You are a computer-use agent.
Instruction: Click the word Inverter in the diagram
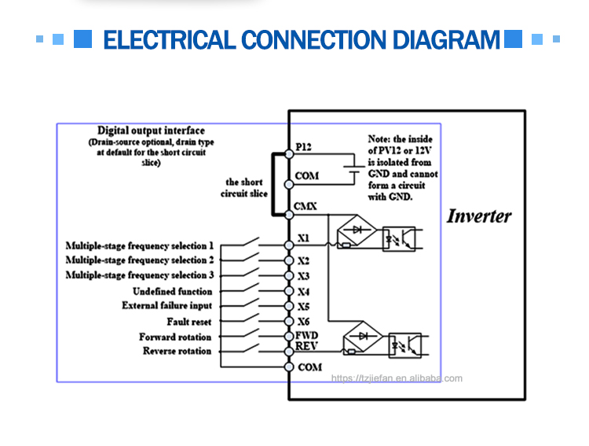(479, 216)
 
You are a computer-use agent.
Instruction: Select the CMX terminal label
(306, 206)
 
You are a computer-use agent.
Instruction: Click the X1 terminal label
(304, 238)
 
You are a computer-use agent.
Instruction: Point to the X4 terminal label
(304, 292)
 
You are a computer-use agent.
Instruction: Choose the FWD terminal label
(306, 336)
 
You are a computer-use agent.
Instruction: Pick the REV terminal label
(306, 346)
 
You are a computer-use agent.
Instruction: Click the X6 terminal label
(304, 322)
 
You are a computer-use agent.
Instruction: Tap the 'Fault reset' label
(189, 322)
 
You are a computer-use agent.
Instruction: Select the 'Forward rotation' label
(175, 337)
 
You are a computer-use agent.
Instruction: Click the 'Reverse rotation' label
(177, 351)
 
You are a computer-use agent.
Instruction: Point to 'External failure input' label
(166, 306)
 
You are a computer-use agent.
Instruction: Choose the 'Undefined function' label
(172, 291)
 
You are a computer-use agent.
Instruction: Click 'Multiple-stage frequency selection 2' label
(140, 260)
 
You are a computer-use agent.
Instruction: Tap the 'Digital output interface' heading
(151, 131)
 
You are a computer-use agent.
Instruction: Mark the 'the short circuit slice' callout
(247, 187)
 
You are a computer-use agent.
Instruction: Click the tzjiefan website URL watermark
(397, 378)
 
